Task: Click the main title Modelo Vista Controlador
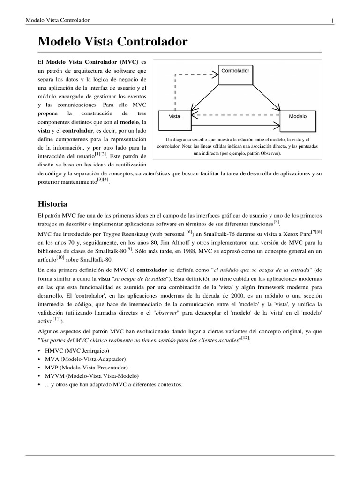click(x=112, y=42)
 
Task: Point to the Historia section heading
click(x=52, y=204)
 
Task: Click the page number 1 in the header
click(x=332, y=20)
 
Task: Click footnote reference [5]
click(x=276, y=222)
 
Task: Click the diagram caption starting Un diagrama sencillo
click(x=238, y=146)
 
